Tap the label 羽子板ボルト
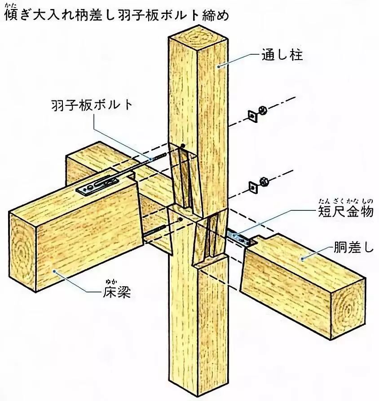(x=92, y=105)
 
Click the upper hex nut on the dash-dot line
(x=264, y=109)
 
